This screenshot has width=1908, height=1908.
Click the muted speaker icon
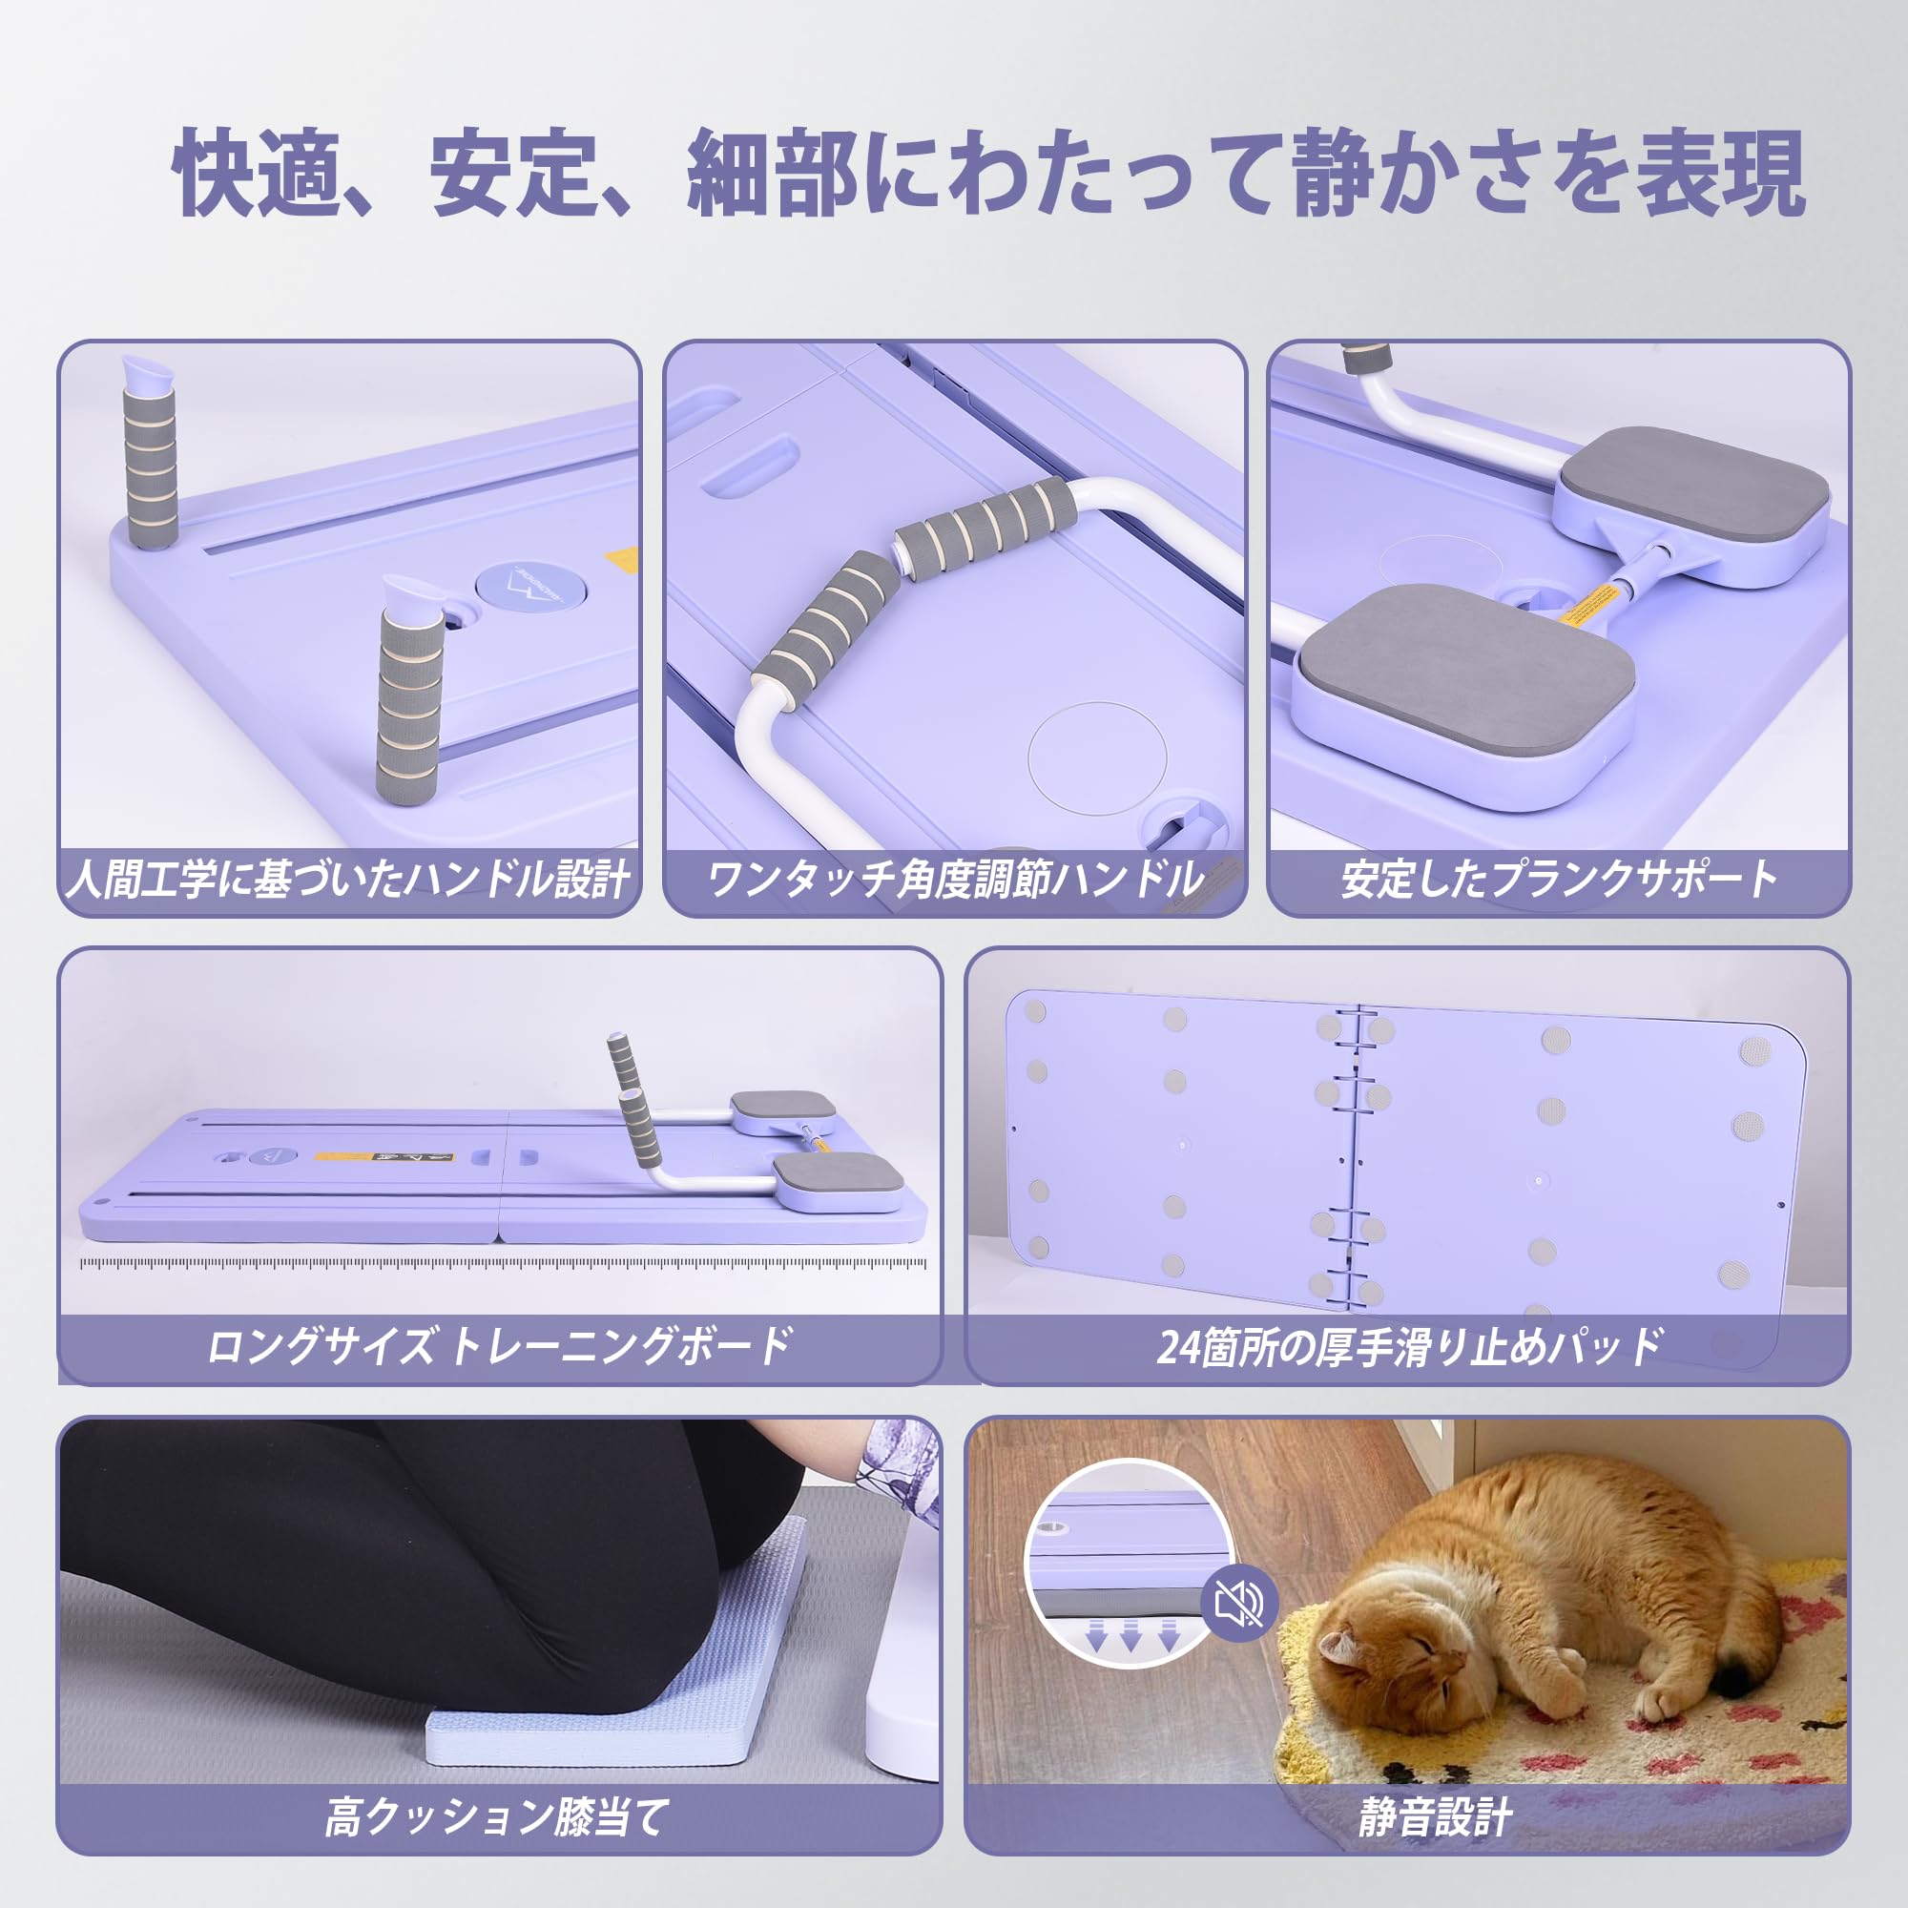[1239, 1606]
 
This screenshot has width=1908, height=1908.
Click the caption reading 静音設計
[1435, 1817]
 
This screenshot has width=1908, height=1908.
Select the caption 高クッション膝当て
[498, 1817]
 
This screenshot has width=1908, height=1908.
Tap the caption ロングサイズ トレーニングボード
[500, 1346]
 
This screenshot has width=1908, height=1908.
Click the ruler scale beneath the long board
[504, 1263]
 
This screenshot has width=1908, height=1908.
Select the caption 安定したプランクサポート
[1559, 879]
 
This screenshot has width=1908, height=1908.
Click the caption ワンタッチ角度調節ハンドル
[955, 879]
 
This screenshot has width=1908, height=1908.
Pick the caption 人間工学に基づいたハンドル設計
[348, 879]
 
